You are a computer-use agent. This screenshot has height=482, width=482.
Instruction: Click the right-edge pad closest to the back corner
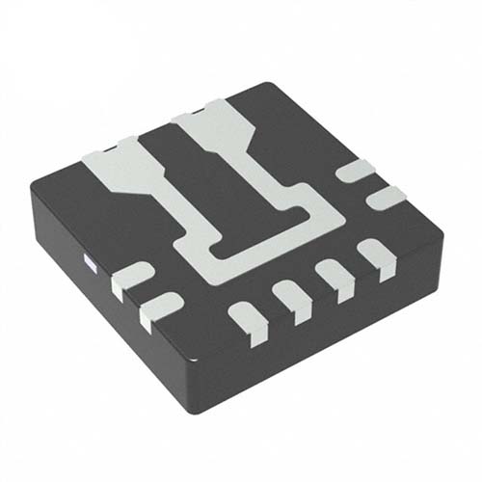pyautogui.click(x=358, y=172)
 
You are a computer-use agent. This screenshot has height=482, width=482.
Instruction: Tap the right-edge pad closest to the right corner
pyautogui.click(x=387, y=197)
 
